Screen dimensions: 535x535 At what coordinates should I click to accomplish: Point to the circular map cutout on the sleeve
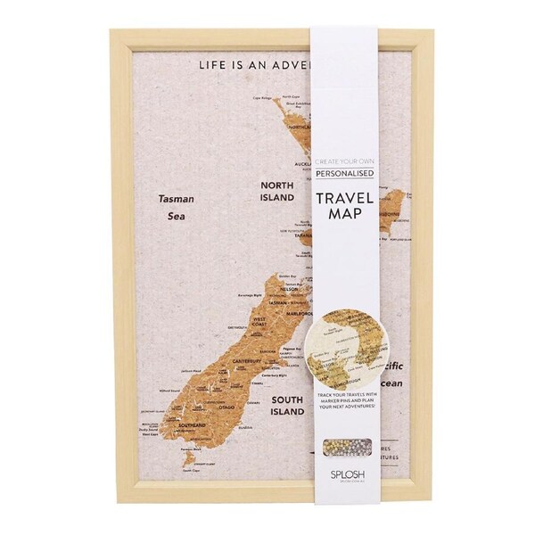pyautogui.click(x=351, y=339)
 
